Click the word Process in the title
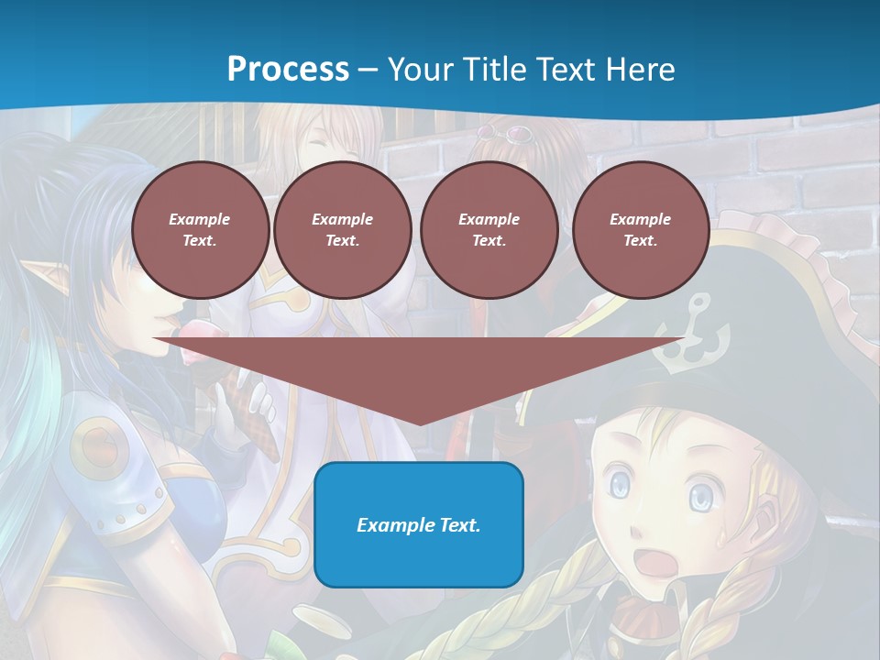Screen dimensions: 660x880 [x=288, y=70]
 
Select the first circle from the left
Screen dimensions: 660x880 [x=200, y=230]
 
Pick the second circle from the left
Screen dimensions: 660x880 [x=342, y=230]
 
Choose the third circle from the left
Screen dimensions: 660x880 [x=489, y=230]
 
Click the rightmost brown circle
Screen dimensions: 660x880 [x=640, y=230]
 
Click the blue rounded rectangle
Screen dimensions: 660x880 [x=419, y=524]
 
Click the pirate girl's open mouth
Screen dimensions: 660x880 [x=654, y=561]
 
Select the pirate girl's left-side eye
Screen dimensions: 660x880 [x=621, y=483]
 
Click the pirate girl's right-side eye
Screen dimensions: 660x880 [x=701, y=497]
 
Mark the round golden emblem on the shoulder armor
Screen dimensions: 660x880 [x=97, y=445]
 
